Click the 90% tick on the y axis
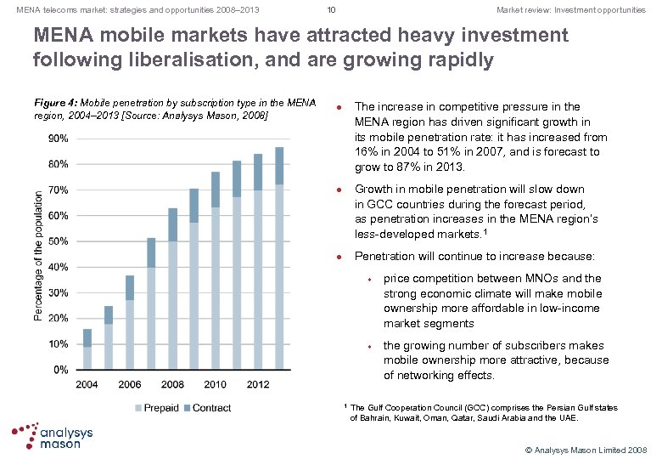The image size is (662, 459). pos(58,138)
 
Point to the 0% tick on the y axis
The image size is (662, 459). pos(61,370)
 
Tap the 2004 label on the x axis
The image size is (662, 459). pos(87,384)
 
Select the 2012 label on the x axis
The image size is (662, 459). pos(258,384)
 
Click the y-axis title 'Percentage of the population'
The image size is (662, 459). pos(39,254)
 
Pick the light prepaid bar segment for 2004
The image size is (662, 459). pos(87,358)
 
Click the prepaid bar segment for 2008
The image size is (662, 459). pos(173,305)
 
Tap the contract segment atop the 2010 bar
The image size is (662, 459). pos(216,190)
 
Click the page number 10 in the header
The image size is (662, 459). pos(331,10)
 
